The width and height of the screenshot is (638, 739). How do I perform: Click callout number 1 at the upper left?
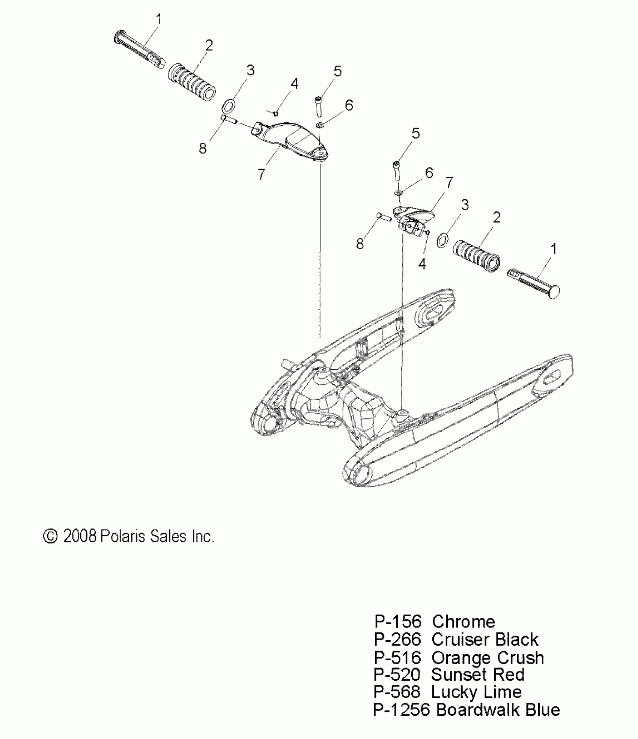[159, 19]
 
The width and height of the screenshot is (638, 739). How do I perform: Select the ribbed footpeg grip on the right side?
[477, 257]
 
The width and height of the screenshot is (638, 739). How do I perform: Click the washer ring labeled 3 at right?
[443, 239]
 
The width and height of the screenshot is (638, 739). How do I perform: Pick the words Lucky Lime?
[476, 692]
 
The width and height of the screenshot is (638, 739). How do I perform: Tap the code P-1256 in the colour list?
[401, 710]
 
